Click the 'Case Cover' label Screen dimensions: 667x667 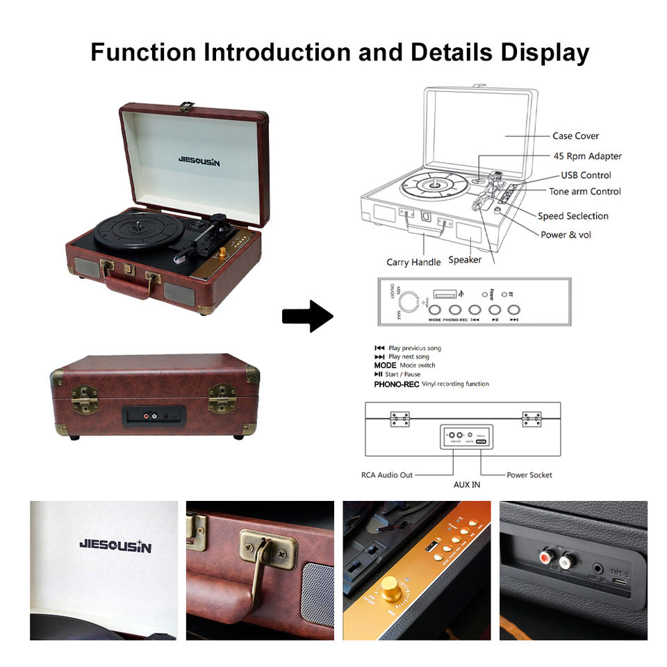click(575, 136)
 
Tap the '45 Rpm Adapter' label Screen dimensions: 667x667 click(587, 156)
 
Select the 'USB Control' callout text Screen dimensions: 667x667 click(586, 175)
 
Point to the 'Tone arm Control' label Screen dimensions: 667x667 click(585, 192)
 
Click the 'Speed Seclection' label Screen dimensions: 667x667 click(573, 216)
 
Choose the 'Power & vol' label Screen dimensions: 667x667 click(566, 235)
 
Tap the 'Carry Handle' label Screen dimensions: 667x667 click(413, 262)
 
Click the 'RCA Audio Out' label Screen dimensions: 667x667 click(387, 475)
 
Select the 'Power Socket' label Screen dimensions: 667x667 click(529, 475)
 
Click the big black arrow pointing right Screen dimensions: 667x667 click(307, 316)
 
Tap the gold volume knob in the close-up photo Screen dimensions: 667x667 click(391, 588)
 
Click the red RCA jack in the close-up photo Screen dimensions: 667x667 click(545, 557)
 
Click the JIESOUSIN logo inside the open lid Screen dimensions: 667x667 click(199, 162)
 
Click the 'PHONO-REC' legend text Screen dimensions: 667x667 click(396, 384)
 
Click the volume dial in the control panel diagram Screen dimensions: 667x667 click(411, 300)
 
